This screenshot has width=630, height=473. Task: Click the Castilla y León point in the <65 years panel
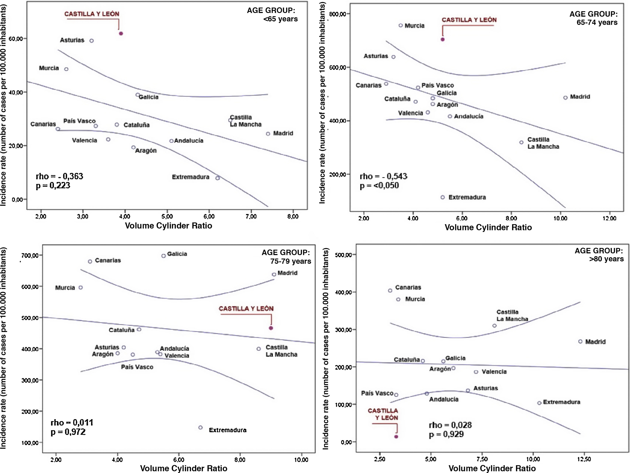[121, 34]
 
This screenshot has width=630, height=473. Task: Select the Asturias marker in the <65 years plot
[91, 41]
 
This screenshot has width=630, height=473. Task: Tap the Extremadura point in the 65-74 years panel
[442, 197]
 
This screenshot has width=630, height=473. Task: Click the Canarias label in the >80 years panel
[408, 287]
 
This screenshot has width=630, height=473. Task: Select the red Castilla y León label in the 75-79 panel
[246, 309]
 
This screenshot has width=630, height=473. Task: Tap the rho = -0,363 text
[60, 176]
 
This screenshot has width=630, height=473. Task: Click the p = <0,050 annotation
[379, 186]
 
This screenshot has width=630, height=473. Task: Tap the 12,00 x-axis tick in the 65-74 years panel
[609, 218]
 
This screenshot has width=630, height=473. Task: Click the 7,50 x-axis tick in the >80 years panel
[482, 459]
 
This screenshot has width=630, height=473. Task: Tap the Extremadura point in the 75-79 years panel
[201, 427]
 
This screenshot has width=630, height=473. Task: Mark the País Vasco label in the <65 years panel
[79, 121]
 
